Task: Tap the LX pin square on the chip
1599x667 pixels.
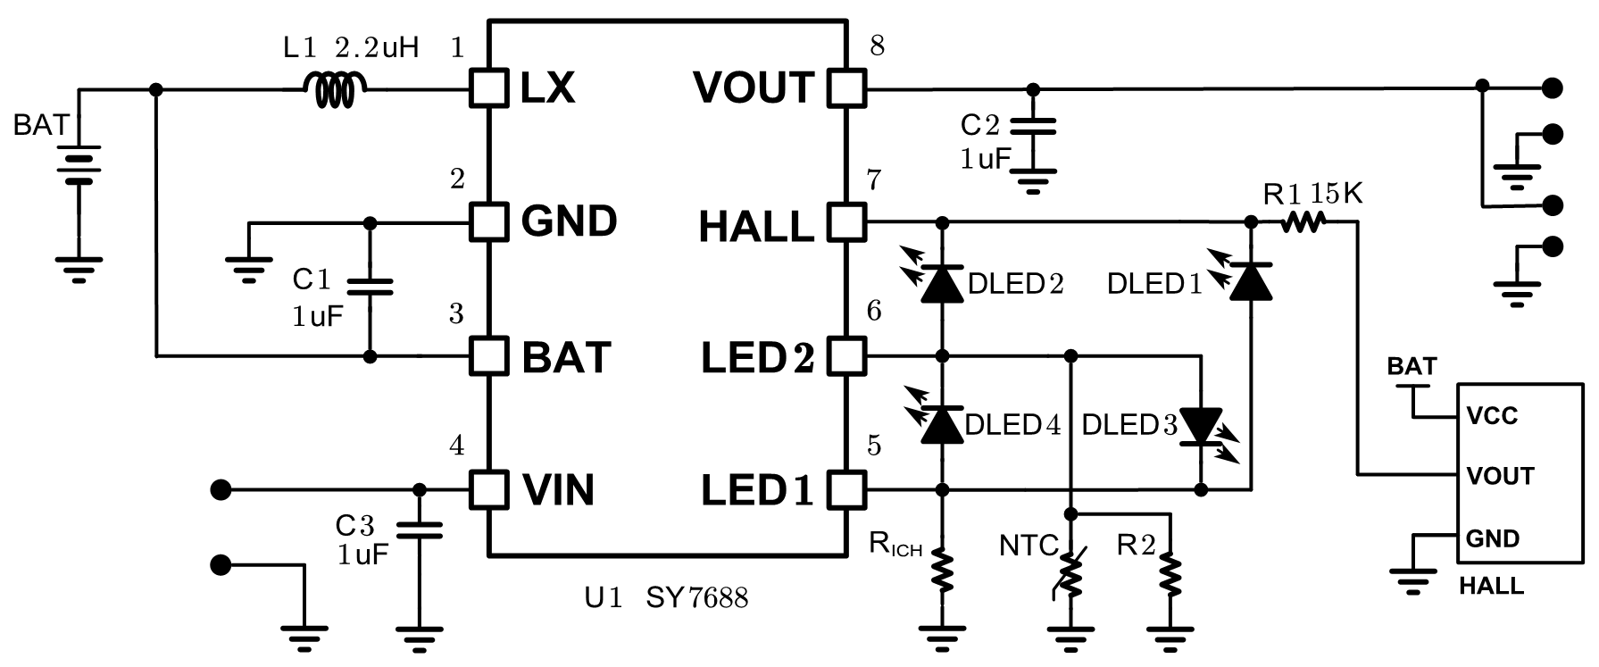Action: [488, 88]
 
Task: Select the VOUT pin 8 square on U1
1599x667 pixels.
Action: [846, 88]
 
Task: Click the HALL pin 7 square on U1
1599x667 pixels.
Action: [846, 221]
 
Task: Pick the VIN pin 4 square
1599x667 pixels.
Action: [488, 489]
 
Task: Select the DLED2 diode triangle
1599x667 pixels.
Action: [942, 283]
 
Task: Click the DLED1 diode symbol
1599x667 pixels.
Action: [1251, 281]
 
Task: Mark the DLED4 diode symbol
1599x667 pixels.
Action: [942, 423]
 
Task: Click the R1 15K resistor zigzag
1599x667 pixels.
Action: [1302, 222]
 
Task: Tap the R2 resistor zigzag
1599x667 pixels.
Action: [1169, 571]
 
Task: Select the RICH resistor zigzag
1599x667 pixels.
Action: [942, 570]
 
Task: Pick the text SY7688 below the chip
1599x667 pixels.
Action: [697, 597]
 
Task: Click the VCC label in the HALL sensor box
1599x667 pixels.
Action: [1491, 416]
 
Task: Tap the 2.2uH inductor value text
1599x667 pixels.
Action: [376, 47]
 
